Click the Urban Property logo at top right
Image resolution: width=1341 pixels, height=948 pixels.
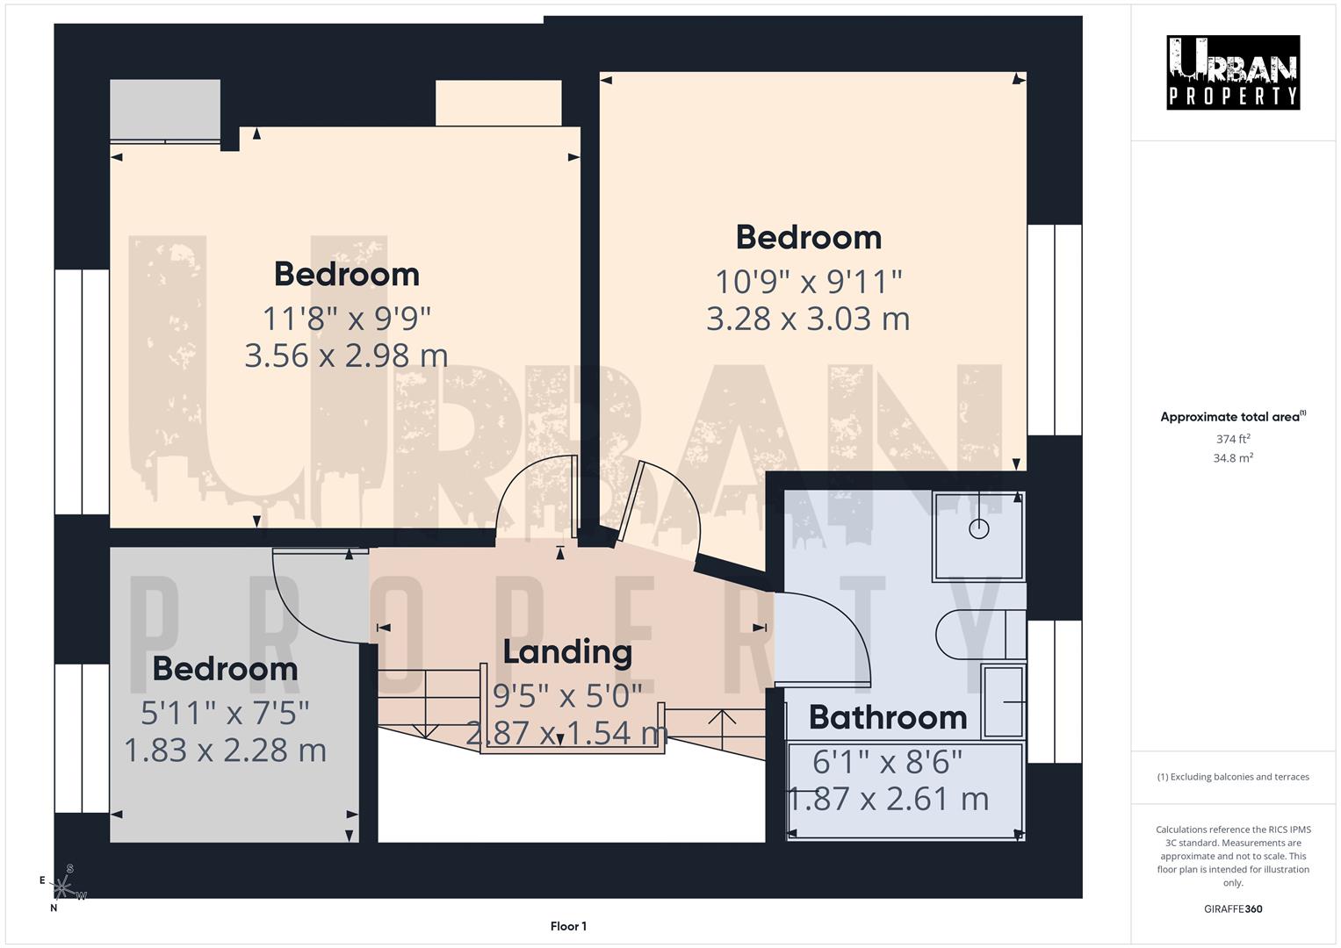pyautogui.click(x=1232, y=73)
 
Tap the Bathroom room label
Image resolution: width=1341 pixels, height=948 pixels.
pyautogui.click(x=887, y=717)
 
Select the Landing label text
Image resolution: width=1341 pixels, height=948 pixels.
pyautogui.click(x=567, y=651)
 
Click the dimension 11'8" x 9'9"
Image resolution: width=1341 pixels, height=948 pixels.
pyautogui.click(x=347, y=318)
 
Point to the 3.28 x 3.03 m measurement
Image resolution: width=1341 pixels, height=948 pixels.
pyautogui.click(x=808, y=318)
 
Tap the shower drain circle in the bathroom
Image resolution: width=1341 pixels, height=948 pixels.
pyautogui.click(x=978, y=528)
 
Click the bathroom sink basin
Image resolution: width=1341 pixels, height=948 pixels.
pyautogui.click(x=1003, y=701)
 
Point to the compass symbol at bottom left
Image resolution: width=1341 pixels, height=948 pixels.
pyautogui.click(x=64, y=887)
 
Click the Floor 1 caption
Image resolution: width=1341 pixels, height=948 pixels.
pyautogui.click(x=568, y=926)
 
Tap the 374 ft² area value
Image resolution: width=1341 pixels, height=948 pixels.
pyautogui.click(x=1232, y=439)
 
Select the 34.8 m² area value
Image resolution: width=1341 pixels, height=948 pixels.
pyautogui.click(x=1232, y=458)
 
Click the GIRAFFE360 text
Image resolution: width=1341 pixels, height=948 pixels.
pyautogui.click(x=1232, y=908)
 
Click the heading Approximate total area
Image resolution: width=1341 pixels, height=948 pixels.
pyautogui.click(x=1232, y=417)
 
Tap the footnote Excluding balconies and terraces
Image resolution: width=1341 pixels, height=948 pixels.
pyautogui.click(x=1232, y=777)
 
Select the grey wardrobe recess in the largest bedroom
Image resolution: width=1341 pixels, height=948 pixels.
pyautogui.click(x=164, y=110)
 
